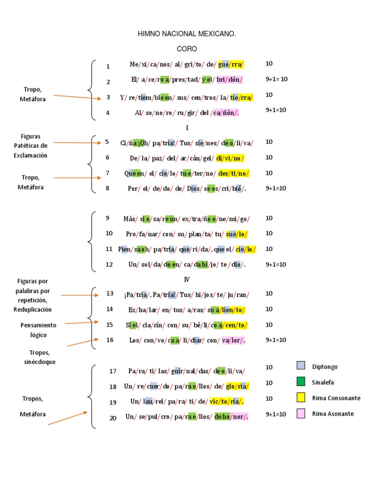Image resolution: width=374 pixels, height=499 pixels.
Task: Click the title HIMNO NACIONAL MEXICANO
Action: click(187, 34)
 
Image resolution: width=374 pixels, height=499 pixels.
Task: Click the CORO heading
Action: click(187, 49)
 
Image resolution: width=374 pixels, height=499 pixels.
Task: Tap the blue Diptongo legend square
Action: click(301, 366)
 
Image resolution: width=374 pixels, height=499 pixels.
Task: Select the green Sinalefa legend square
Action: click(301, 382)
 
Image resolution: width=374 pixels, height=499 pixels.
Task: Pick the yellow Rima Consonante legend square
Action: click(301, 398)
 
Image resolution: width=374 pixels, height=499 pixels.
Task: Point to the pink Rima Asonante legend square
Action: click(301, 414)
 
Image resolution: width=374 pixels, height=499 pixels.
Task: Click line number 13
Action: click(110, 293)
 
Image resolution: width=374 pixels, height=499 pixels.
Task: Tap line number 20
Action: click(113, 418)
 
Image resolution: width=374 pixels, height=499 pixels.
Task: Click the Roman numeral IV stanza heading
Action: click(187, 279)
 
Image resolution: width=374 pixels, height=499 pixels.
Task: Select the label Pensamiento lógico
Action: click(38, 330)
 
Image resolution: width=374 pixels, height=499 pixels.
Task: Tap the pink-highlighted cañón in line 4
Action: click(224, 113)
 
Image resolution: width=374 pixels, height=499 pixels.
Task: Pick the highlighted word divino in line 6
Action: click(230, 158)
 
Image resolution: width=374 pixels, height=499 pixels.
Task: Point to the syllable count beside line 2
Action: click(276, 79)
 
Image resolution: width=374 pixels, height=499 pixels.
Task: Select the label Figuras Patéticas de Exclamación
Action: click(31, 145)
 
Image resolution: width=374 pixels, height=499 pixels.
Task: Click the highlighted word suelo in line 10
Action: click(237, 234)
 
